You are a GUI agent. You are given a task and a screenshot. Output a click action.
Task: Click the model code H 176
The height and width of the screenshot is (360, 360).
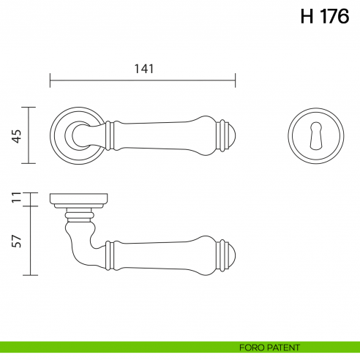pyautogui.click(x=325, y=17)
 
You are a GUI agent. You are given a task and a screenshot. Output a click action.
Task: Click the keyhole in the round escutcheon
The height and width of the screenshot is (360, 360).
pyautogui.click(x=315, y=135)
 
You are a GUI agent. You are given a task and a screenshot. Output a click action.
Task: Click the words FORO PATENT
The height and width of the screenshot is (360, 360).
pyautogui.click(x=269, y=347)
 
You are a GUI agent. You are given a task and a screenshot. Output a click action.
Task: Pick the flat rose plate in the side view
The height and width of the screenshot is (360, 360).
pyautogui.click(x=79, y=198)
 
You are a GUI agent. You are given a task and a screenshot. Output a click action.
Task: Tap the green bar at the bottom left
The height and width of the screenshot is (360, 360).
pyautogui.click(x=110, y=347)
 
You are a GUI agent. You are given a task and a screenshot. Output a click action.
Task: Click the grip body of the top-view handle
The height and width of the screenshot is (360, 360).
pyautogui.click(x=168, y=135)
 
